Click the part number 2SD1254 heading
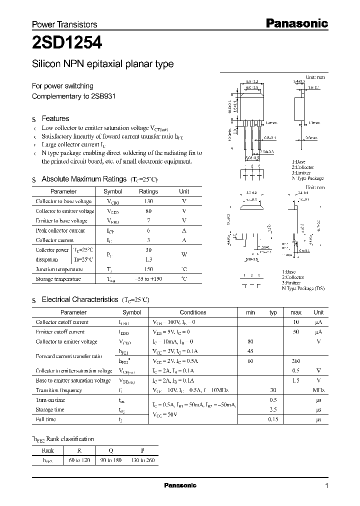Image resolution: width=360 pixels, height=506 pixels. pyautogui.click(x=67, y=43)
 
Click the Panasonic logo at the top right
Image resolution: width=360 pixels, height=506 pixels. pyautogui.click(x=296, y=23)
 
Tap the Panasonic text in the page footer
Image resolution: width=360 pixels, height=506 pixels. pyautogui.click(x=180, y=485)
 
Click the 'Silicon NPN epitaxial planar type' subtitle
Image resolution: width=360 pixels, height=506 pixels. pyautogui.click(x=102, y=64)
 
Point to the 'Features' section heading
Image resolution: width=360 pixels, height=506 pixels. pyautogui.click(x=55, y=118)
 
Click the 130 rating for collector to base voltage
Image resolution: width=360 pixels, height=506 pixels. pyautogui.click(x=148, y=201)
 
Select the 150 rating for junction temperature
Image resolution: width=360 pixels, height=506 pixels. pyautogui.click(x=148, y=269)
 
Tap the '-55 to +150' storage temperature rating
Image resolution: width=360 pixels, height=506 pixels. pyautogui.click(x=148, y=279)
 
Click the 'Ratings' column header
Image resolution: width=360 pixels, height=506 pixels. pyautogui.click(x=148, y=191)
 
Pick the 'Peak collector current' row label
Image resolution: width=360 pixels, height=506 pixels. pyautogui.click(x=60, y=230)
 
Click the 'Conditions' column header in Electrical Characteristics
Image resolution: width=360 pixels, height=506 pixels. pyautogui.click(x=192, y=312)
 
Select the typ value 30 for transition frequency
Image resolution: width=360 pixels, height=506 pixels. pyautogui.click(x=273, y=390)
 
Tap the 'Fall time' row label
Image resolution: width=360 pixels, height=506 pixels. pyautogui.click(x=46, y=419)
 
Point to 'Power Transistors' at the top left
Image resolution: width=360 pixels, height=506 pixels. pyautogui.click(x=64, y=24)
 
